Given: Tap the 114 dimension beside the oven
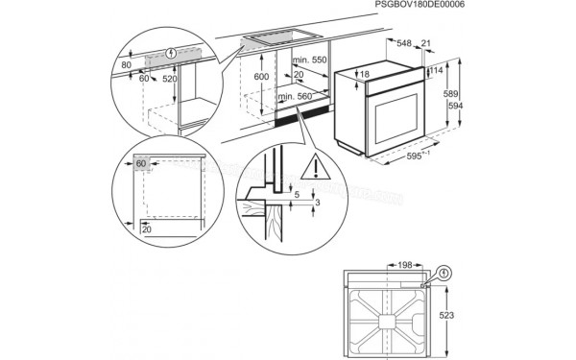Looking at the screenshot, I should tap(435, 70).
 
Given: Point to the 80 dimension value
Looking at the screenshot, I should tap(126, 65).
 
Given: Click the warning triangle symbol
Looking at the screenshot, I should tap(312, 172).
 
